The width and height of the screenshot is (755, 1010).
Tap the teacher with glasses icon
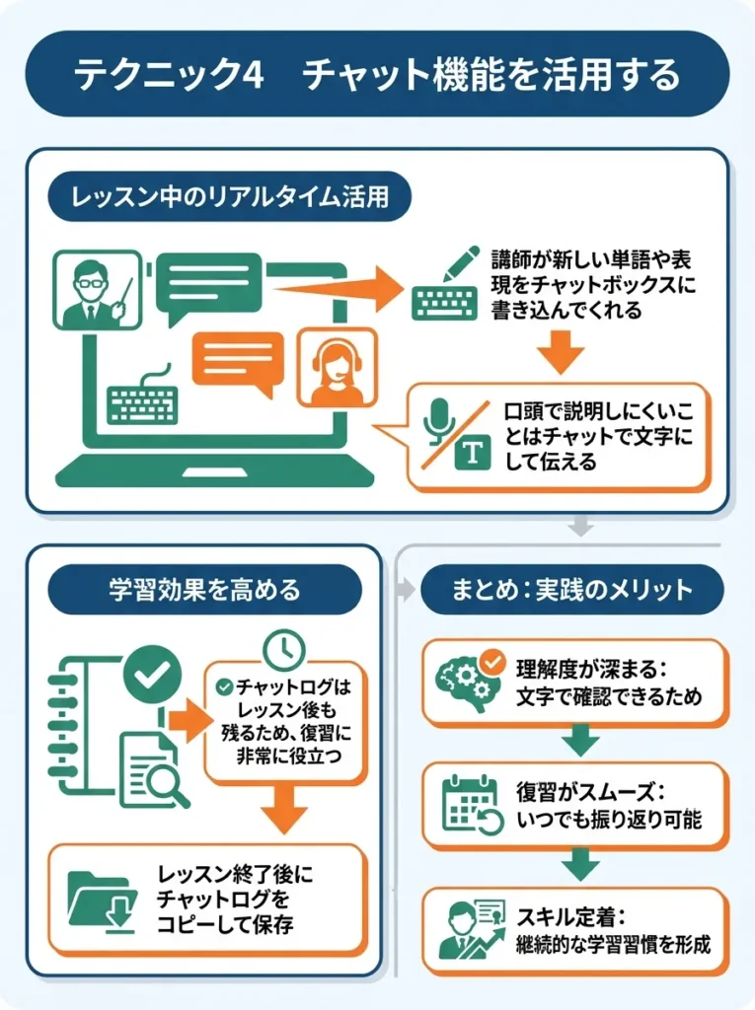click(x=96, y=288)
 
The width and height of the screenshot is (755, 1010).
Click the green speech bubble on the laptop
click(x=209, y=286)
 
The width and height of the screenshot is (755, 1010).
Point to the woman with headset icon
click(x=338, y=368)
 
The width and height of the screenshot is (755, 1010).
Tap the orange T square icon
click(x=473, y=452)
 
